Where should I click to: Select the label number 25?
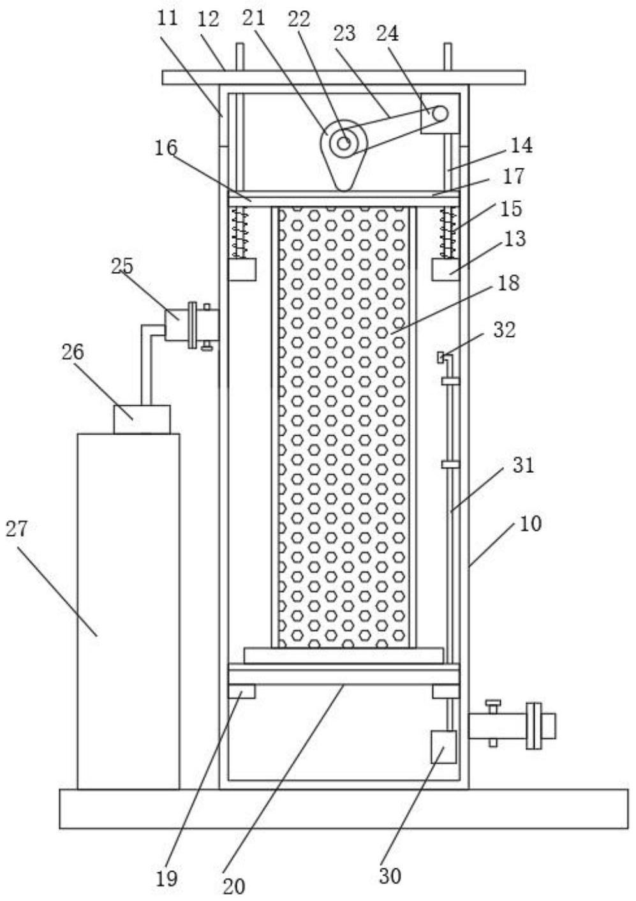[x=122, y=266]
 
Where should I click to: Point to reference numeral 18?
[x=509, y=283]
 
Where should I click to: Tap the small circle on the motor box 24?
[x=440, y=114]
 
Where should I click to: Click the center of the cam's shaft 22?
[x=343, y=143]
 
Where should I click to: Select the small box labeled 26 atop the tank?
[x=142, y=419]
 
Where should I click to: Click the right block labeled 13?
[x=445, y=269]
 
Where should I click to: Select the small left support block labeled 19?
[x=242, y=692]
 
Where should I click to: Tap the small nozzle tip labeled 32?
[x=441, y=357]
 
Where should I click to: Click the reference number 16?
[x=166, y=147]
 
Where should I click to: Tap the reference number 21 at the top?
[x=253, y=18]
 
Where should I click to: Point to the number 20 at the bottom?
[x=233, y=885]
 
